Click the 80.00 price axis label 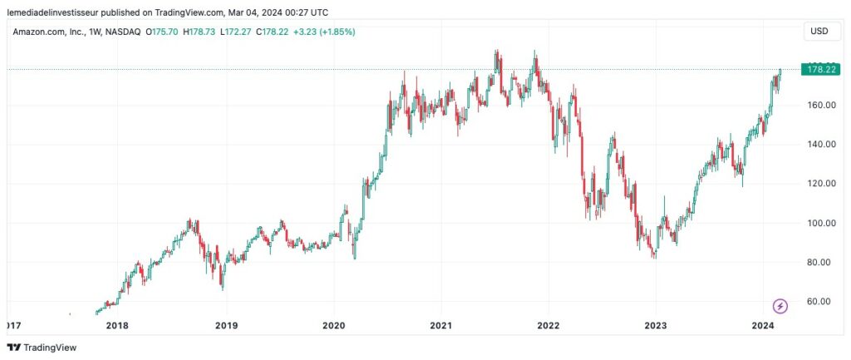click(820, 262)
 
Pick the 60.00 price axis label click(820, 301)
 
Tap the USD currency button click(819, 32)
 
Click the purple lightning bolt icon click(780, 306)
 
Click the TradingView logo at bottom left click(41, 348)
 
